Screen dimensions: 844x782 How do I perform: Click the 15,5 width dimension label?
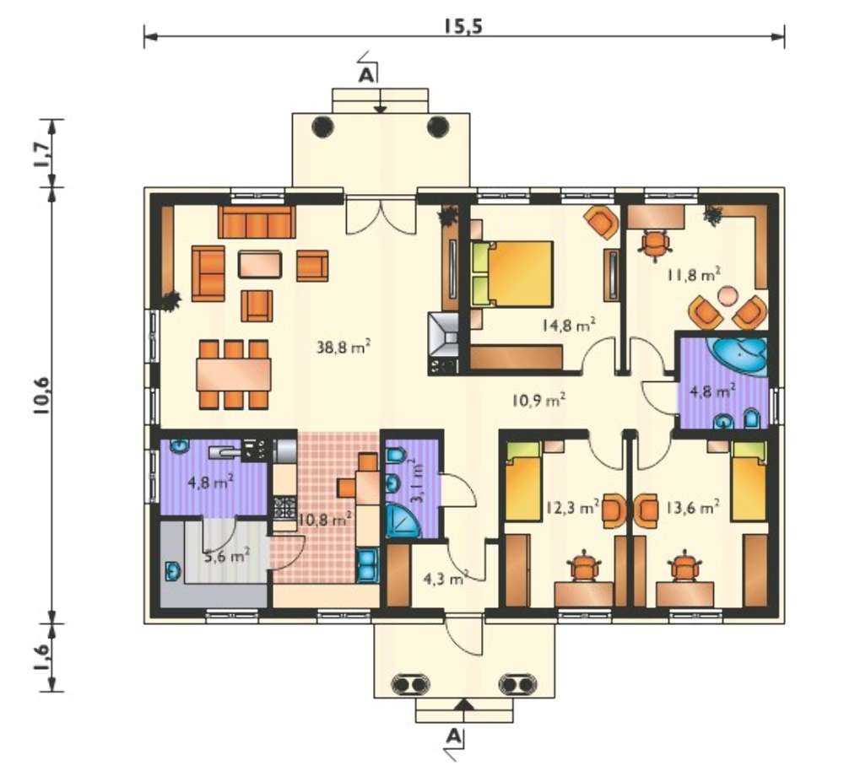pyautogui.click(x=463, y=26)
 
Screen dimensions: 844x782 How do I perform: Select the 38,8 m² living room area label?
pyautogui.click(x=344, y=347)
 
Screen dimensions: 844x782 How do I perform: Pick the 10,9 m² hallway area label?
pyautogui.click(x=538, y=400)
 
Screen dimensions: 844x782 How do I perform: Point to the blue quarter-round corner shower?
pyautogui.click(x=402, y=520)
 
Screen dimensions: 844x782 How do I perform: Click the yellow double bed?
pyautogui.click(x=512, y=274)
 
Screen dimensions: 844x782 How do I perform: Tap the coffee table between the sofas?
pyautogui.click(x=260, y=264)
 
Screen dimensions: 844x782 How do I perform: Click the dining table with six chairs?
pyautogui.click(x=234, y=375)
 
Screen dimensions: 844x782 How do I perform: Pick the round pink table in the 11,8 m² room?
pyautogui.click(x=728, y=296)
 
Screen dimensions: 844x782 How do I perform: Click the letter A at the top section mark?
pyautogui.click(x=366, y=76)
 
